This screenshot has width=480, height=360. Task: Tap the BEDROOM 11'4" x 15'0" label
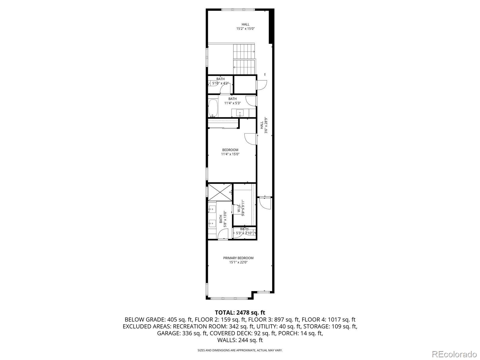tap(230, 152)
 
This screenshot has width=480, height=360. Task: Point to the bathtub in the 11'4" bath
tap(213, 108)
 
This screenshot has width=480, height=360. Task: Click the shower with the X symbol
tap(220, 192)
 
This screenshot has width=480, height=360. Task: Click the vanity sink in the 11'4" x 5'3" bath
tap(240, 113)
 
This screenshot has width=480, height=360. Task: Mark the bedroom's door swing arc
tap(250, 139)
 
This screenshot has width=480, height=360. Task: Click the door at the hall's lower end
tap(265, 204)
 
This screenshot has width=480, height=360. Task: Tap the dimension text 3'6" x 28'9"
tap(265, 127)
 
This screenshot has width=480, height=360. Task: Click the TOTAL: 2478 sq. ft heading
tap(240, 313)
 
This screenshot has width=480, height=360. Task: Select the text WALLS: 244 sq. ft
tap(240, 340)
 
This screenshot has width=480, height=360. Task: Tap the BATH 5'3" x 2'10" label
tap(244, 231)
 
